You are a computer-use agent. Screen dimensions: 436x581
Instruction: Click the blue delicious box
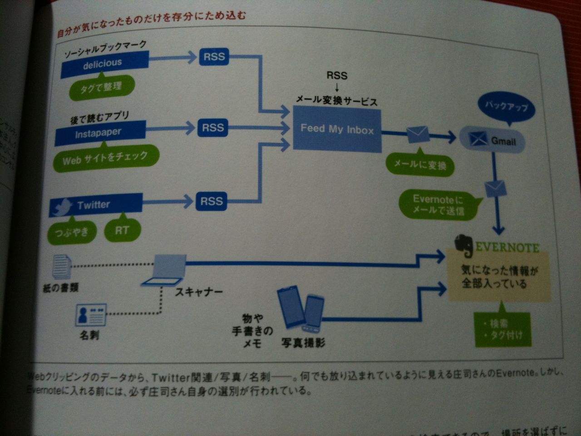click(105, 64)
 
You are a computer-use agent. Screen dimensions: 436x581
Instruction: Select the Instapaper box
click(100, 133)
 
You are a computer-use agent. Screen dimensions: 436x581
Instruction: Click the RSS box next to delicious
click(214, 57)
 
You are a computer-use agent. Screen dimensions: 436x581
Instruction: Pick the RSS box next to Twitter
click(212, 201)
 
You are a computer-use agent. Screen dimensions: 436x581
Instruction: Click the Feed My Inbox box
click(337, 129)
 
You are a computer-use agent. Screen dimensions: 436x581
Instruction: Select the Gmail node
click(492, 140)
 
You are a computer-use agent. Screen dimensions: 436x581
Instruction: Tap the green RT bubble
click(122, 230)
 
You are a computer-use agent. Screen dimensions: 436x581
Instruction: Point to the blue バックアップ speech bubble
click(507, 107)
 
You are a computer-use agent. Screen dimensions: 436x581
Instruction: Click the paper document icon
click(62, 267)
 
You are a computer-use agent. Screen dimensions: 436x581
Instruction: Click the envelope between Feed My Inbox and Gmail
click(418, 134)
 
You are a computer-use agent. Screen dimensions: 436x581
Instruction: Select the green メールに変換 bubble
click(420, 164)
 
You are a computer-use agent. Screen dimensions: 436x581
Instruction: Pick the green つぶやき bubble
click(72, 232)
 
